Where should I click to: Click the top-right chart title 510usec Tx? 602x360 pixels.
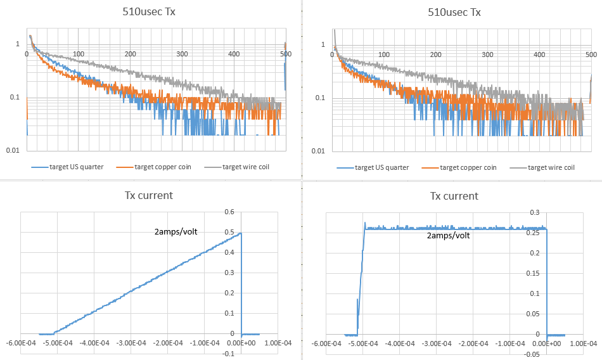click(x=454, y=11)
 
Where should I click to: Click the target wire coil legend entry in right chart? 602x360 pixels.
click(x=551, y=167)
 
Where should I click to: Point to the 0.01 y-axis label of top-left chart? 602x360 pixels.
click(x=13, y=151)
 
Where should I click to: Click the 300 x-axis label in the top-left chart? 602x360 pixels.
click(x=182, y=55)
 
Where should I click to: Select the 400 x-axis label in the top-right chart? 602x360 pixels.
click(x=539, y=55)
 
